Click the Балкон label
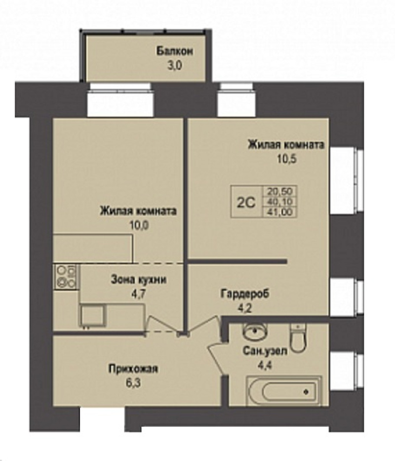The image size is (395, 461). (x=175, y=51)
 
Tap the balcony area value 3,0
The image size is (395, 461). (x=175, y=65)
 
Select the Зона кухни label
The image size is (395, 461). (x=139, y=280)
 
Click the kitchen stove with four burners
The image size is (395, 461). (x=66, y=276)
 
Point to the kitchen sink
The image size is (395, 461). (x=92, y=316)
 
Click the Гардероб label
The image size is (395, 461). (x=245, y=293)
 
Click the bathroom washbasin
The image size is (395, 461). (x=255, y=331)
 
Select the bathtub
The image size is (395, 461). (x=284, y=391)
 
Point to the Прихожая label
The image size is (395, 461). (x=133, y=369)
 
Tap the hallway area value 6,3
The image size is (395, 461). (x=133, y=383)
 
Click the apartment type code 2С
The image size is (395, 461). (x=246, y=203)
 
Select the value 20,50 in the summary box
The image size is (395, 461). (x=279, y=191)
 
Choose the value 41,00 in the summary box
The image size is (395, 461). (x=279, y=212)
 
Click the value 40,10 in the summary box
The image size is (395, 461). (x=279, y=202)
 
